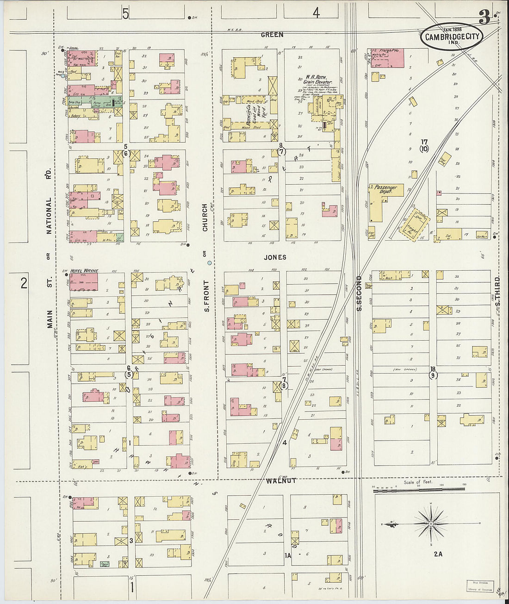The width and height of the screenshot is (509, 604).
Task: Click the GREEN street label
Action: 272,35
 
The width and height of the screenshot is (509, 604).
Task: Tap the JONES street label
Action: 275,257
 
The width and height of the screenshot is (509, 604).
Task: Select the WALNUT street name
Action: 281,481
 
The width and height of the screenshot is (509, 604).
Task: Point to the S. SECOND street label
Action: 360,293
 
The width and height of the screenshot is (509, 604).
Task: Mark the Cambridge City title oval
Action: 451,37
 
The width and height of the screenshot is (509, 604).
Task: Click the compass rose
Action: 430,523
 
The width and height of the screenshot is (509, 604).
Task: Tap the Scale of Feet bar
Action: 419,489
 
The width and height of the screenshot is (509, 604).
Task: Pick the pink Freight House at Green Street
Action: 391,58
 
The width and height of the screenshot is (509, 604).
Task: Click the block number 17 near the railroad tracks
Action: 424,142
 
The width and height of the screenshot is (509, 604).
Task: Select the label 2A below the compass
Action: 438,554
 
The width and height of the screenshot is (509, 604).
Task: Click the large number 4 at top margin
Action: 316,13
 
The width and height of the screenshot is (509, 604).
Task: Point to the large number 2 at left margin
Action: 24,282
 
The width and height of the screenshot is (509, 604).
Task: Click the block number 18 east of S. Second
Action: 433,369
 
